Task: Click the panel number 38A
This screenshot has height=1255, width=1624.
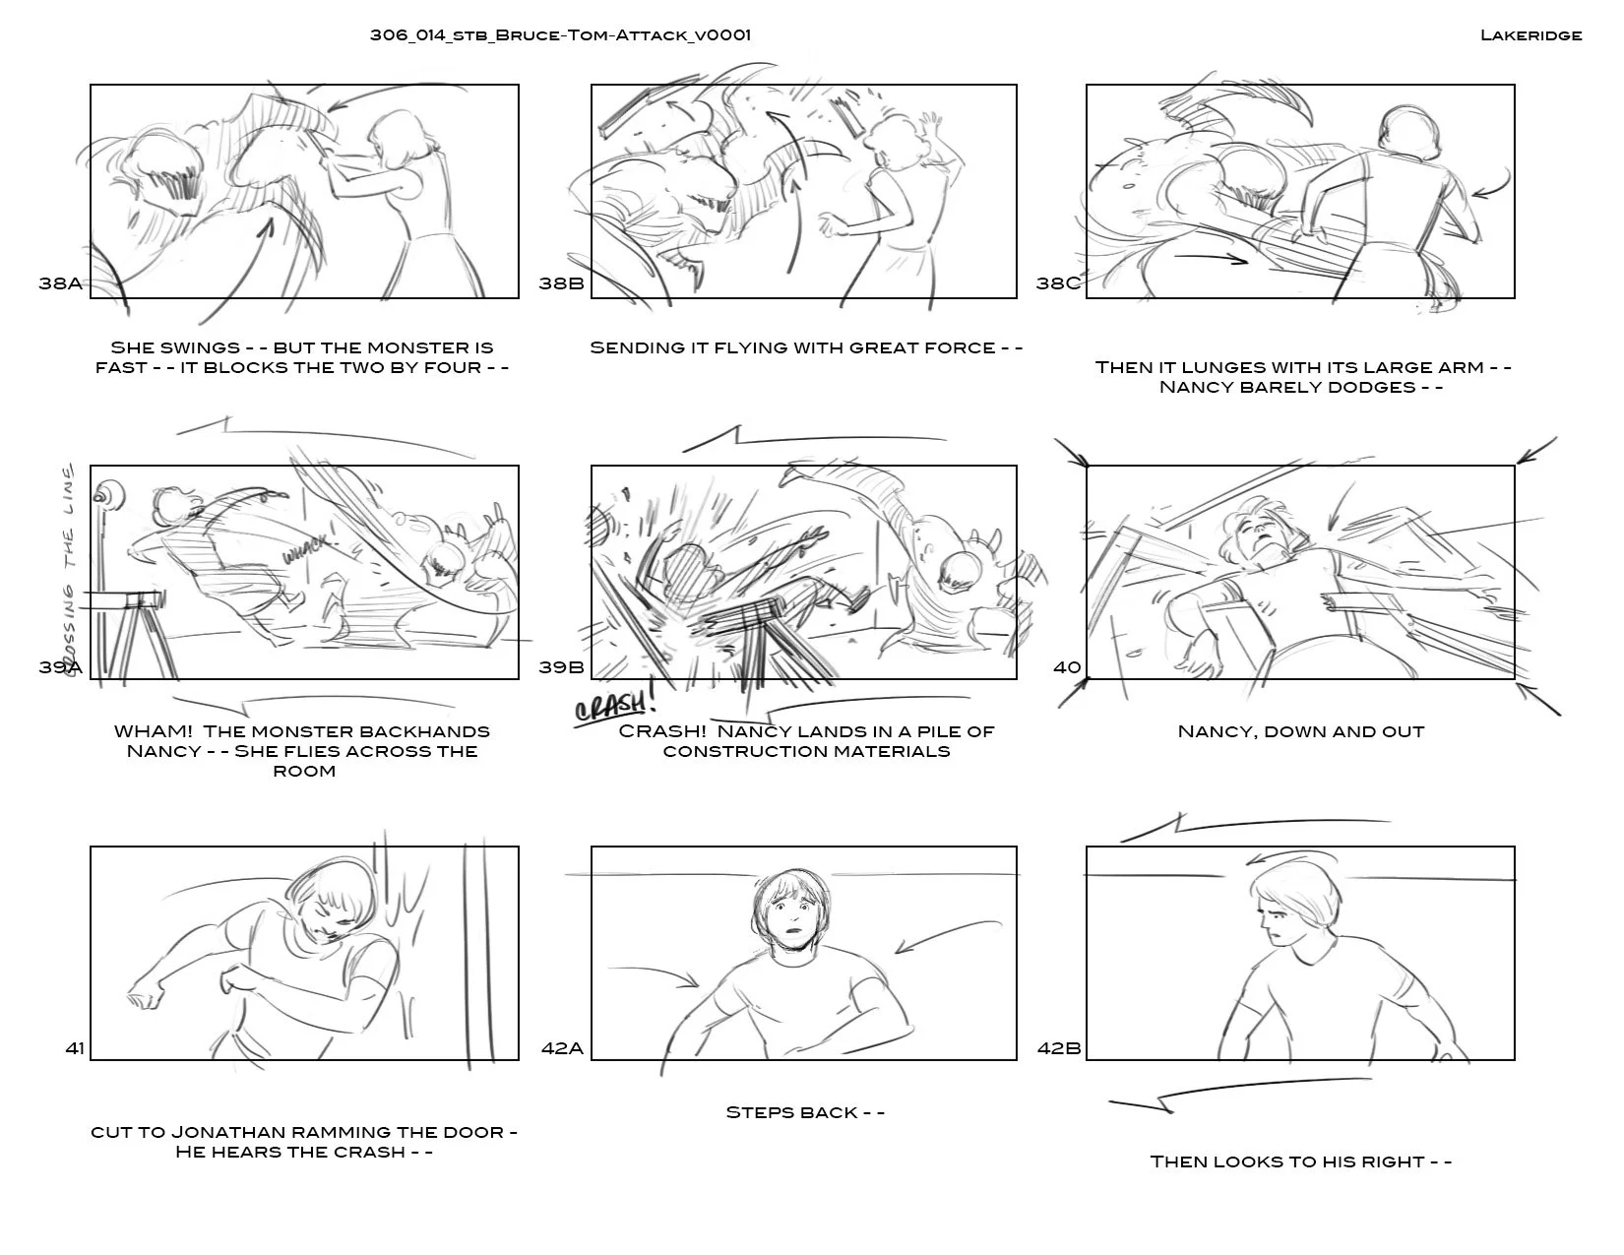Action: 61,283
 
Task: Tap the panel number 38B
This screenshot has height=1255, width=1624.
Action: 561,283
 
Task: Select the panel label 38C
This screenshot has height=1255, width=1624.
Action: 1058,283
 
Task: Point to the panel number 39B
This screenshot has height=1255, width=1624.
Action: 561,666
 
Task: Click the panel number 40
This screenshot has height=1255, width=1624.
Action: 1067,666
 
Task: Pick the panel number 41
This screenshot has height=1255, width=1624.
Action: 75,1048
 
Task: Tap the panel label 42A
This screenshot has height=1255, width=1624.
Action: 562,1048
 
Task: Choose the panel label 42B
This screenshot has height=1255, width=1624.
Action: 1059,1048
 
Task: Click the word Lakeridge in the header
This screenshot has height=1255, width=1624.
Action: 1530,35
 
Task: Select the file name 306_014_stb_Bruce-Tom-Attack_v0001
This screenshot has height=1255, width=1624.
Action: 560,35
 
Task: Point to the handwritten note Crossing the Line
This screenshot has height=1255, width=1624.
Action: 70,568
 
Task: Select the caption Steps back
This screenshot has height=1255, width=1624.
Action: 805,1112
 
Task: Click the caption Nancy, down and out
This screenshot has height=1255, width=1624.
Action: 1300,731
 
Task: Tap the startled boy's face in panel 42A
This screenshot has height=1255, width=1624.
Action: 789,915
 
